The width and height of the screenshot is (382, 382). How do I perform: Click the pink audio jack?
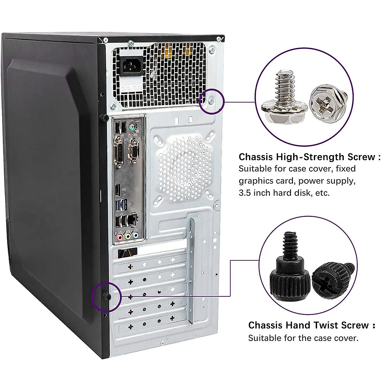point(120,237)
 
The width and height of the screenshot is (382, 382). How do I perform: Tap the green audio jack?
point(128,236)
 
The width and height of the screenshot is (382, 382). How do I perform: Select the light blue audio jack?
point(136,236)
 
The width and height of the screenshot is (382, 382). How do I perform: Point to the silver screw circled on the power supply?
point(212,102)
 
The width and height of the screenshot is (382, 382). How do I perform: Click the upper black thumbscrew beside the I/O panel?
point(103,118)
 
